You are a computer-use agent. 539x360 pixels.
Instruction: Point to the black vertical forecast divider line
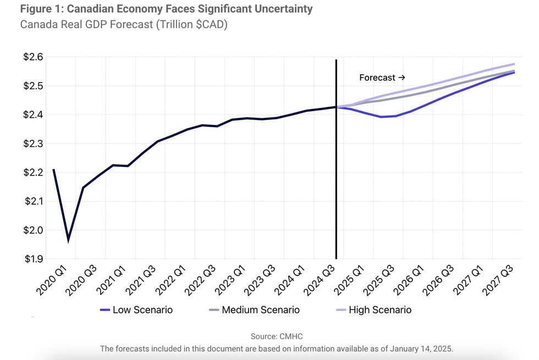pos(336,165)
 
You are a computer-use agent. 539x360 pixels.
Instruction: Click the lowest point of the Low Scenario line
pos(381,117)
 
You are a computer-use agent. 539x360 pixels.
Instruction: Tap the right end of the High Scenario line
pos(514,64)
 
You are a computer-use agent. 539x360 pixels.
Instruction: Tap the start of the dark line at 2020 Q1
pos(53,170)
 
